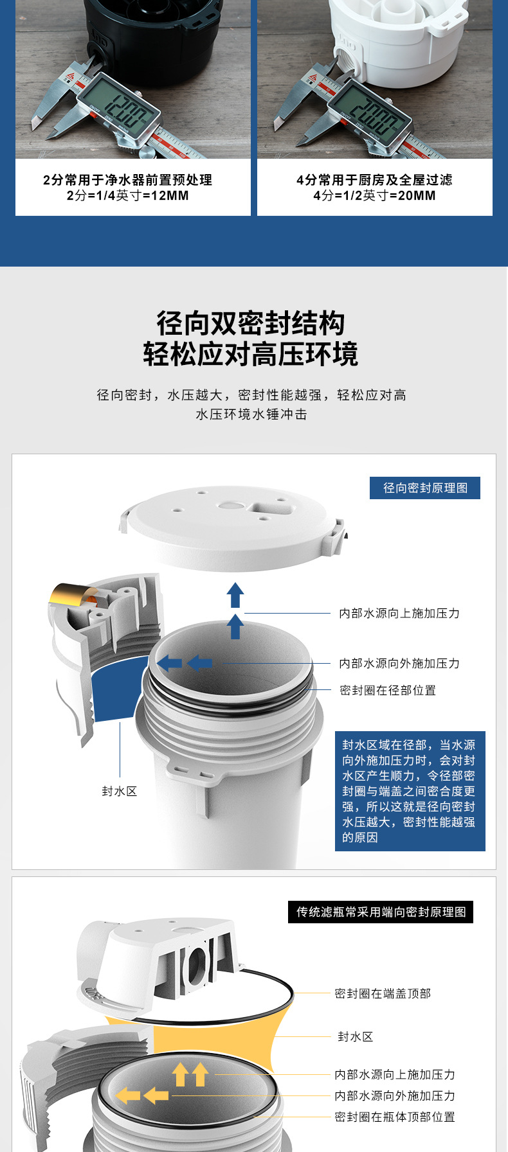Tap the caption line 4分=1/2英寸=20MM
click(374, 195)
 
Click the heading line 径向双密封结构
click(251, 323)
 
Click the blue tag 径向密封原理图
click(425, 488)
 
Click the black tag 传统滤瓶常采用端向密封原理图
click(381, 912)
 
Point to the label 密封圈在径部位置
click(388, 691)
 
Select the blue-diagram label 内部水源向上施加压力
click(399, 614)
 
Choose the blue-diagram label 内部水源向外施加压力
click(399, 664)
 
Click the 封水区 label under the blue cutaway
click(120, 792)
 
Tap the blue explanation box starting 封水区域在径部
click(410, 791)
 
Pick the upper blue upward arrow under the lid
click(235, 594)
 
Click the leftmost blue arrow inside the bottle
click(169, 662)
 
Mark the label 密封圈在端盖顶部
click(383, 994)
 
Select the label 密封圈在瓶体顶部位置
click(394, 1117)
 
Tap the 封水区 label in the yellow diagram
click(355, 1037)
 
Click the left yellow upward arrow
click(181, 1074)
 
